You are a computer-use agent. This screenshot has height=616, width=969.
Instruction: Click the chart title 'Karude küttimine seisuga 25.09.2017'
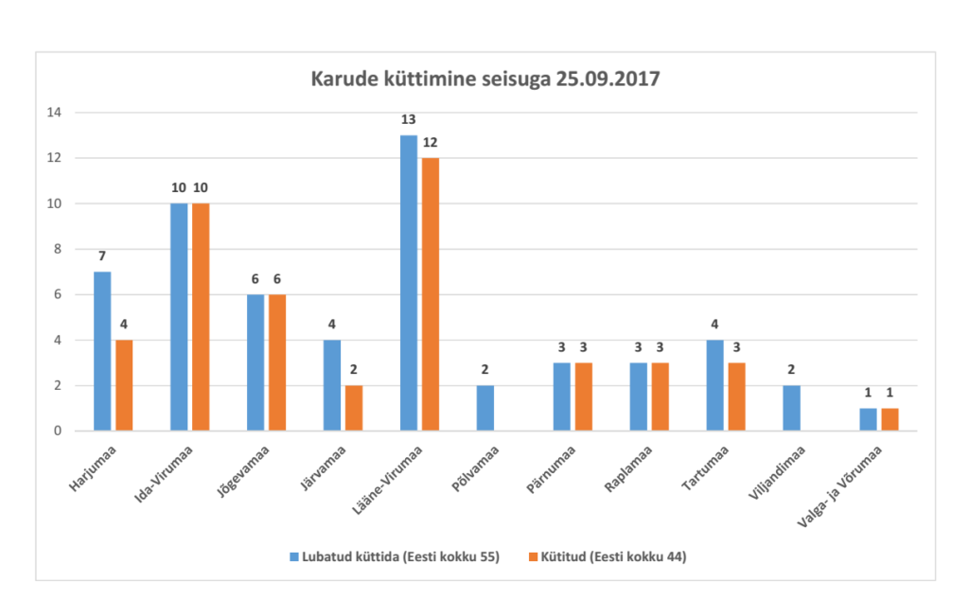click(484, 79)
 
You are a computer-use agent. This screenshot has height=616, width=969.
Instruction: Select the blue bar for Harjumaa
click(102, 351)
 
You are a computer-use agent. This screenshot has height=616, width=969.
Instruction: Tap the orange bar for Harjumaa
click(124, 385)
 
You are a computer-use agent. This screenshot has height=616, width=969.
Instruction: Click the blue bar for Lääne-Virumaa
click(409, 283)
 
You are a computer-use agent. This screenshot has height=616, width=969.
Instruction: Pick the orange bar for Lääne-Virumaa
click(431, 294)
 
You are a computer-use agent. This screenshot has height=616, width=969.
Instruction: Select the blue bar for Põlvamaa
click(485, 408)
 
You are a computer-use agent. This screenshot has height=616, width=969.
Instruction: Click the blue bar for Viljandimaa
click(792, 408)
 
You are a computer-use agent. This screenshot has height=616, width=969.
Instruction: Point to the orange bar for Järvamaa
click(354, 408)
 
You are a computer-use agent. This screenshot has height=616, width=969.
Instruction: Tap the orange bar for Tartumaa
click(737, 396)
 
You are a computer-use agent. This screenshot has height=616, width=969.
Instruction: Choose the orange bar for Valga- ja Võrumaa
click(890, 419)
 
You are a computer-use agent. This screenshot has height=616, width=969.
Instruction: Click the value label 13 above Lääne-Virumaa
click(409, 120)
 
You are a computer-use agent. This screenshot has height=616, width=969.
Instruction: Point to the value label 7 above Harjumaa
click(102, 256)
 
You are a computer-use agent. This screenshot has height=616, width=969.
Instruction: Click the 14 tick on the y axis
click(55, 113)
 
